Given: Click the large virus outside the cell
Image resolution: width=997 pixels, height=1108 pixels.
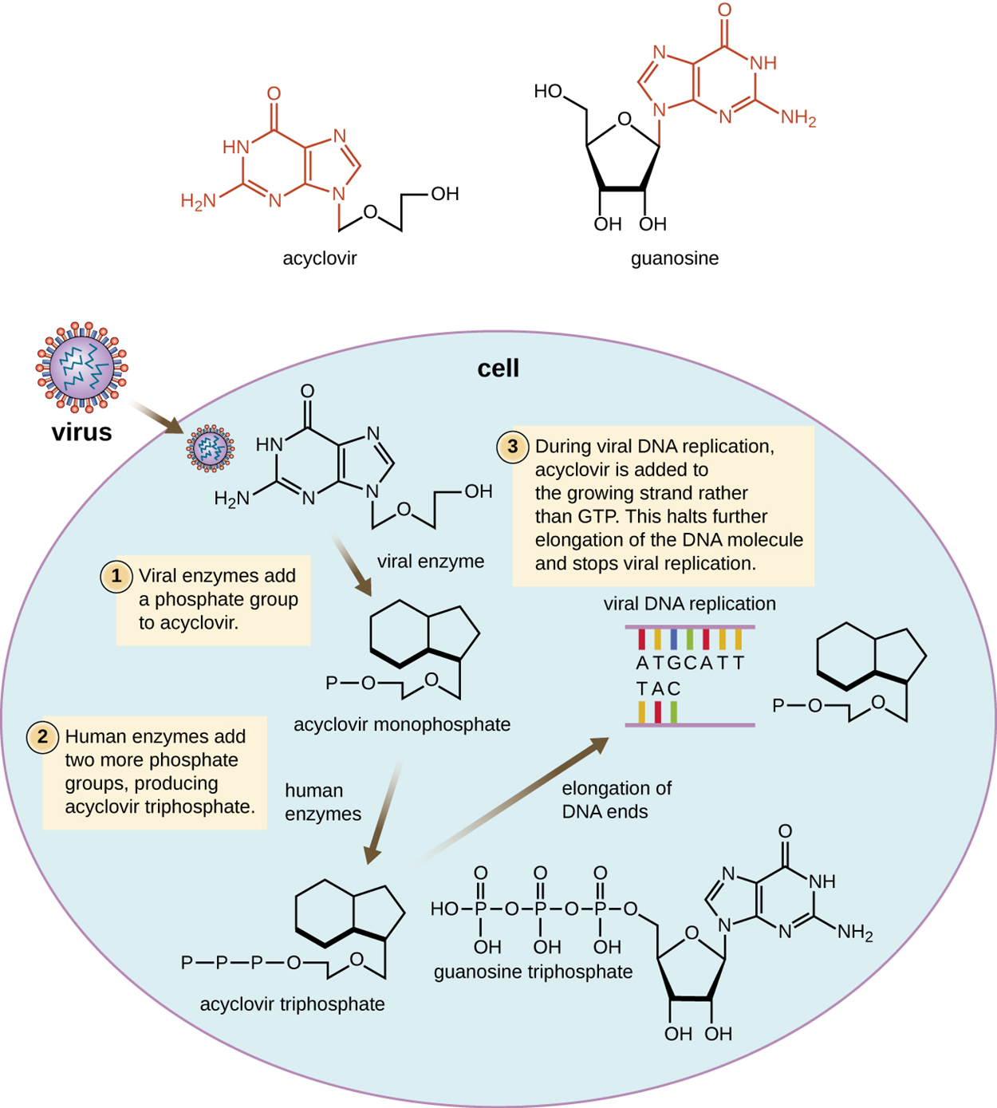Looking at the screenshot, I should tap(81, 367).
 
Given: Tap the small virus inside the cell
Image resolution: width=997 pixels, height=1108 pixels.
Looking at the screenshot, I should tap(211, 448).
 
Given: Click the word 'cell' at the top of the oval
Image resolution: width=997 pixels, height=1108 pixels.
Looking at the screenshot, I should tap(498, 368).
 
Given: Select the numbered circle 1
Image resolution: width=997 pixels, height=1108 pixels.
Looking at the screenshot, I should tap(116, 576).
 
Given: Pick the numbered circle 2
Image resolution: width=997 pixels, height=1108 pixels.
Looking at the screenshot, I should tap(42, 736).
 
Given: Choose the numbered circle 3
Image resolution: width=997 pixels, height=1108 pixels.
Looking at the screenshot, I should tap(512, 447).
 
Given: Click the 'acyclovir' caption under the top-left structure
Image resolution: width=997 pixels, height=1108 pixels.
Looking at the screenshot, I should tap(319, 258).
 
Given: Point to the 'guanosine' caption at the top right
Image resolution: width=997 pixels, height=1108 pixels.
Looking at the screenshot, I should tap(674, 258).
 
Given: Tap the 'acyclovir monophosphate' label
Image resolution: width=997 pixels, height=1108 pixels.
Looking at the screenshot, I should tap(401, 724).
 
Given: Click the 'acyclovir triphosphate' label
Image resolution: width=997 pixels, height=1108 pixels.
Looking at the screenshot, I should tap(292, 1004).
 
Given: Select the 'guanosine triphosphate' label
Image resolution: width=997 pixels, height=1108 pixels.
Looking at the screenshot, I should tap(533, 972).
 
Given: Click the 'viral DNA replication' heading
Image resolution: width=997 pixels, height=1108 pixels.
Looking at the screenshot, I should tap(689, 604).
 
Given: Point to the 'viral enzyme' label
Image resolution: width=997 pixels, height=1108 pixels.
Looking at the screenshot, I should tap(430, 561).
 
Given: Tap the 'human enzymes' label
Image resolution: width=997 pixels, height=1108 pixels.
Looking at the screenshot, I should tap(323, 802).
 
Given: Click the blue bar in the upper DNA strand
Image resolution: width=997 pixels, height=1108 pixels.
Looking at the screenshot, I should tap(674, 639).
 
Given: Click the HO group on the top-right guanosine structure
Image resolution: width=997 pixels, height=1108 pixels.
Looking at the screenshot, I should tap(548, 92).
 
